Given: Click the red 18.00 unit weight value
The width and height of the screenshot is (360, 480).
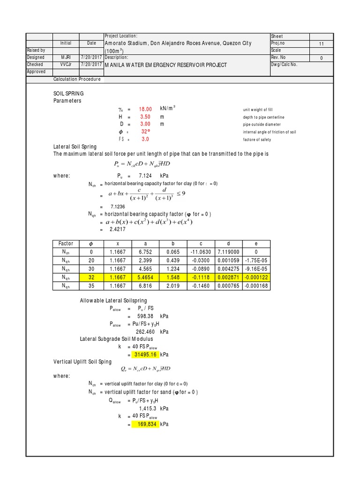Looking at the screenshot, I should pyautogui.click(x=145, y=109).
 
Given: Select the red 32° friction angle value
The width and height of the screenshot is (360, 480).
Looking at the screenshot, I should pyautogui.click(x=145, y=132).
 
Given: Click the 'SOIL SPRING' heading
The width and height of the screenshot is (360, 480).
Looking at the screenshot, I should pyautogui.click(x=69, y=94).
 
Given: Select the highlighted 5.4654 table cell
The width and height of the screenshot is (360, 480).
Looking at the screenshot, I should pyautogui.click(x=146, y=278).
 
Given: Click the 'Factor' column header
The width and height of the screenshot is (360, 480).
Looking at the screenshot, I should pyautogui.click(x=66, y=243).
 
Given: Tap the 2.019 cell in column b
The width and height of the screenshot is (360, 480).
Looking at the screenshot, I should pyautogui.click(x=173, y=286).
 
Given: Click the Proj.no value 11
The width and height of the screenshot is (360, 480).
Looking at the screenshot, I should pyautogui.click(x=321, y=43).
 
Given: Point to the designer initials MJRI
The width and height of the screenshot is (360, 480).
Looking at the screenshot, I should pyautogui.click(x=66, y=57).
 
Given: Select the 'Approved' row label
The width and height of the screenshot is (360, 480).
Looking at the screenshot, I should pyautogui.click(x=37, y=72).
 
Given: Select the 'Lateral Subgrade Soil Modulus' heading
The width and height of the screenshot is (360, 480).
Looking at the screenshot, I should pyautogui.click(x=117, y=338).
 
